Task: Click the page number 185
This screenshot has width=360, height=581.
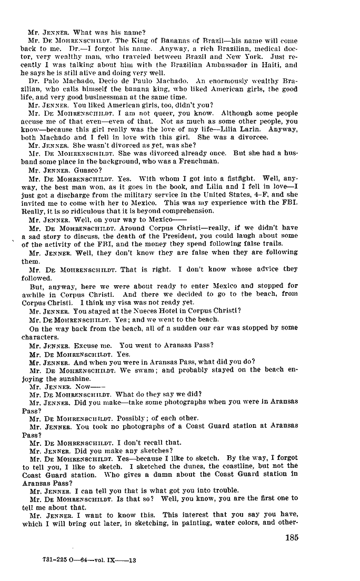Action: (x=292, y=537)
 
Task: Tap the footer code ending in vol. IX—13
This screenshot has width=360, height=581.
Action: (x=88, y=560)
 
